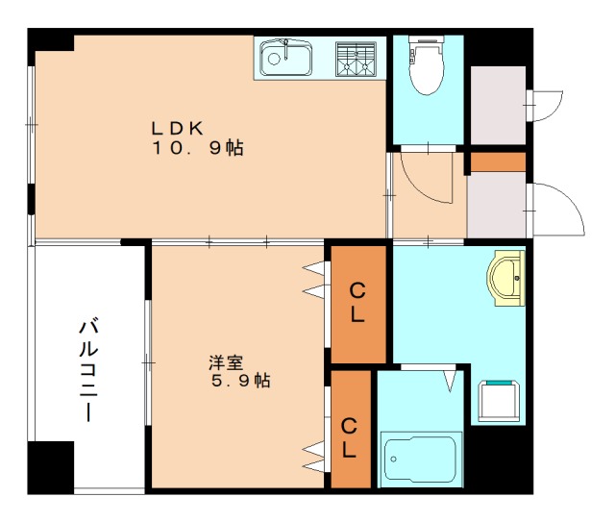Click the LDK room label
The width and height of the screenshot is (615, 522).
coord(175,127)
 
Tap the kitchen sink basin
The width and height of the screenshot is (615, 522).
coord(284,59)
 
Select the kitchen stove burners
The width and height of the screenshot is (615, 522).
coord(357,59)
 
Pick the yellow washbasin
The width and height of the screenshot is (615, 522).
coord(508,278)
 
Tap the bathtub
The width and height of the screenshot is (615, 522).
coord(421,460)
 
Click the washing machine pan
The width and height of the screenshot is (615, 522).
coord(501,400)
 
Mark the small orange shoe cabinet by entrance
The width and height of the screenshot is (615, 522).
coord(498,162)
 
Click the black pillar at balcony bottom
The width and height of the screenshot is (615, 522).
coord(51,467)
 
